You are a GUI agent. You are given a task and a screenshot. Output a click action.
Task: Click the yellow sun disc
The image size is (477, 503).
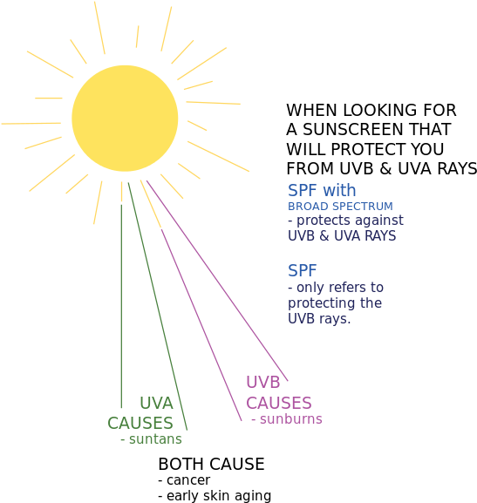pyautogui.click(x=125, y=118)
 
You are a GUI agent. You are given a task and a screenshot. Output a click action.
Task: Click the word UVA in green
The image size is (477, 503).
pyautogui.click(x=157, y=404)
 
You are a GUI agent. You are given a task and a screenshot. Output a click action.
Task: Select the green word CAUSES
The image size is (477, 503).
pyautogui.click(x=140, y=423)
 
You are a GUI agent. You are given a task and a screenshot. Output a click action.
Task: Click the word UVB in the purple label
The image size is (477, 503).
pyautogui.click(x=262, y=383)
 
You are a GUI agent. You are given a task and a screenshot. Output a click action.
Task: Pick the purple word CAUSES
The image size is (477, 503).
pyautogui.click(x=278, y=403)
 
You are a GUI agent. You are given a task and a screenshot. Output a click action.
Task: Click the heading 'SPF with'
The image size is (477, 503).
pyautogui.click(x=322, y=190)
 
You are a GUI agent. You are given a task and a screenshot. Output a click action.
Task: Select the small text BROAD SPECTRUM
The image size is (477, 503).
pyautogui.click(x=340, y=207)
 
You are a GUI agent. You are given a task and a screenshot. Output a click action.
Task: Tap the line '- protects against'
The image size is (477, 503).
pyautogui.click(x=345, y=221)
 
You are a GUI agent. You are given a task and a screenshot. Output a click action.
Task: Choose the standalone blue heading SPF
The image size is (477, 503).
pyautogui.click(x=302, y=271)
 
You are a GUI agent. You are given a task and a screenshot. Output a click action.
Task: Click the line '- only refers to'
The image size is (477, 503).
pyautogui.click(x=336, y=287)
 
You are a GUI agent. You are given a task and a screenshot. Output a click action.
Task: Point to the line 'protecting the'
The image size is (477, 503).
pyautogui.click(x=335, y=302)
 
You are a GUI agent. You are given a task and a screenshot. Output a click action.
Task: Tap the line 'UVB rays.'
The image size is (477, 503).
pyautogui.click(x=319, y=318)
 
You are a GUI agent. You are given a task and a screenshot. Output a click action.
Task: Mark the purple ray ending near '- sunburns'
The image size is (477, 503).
pyautogui.click(x=201, y=314)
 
